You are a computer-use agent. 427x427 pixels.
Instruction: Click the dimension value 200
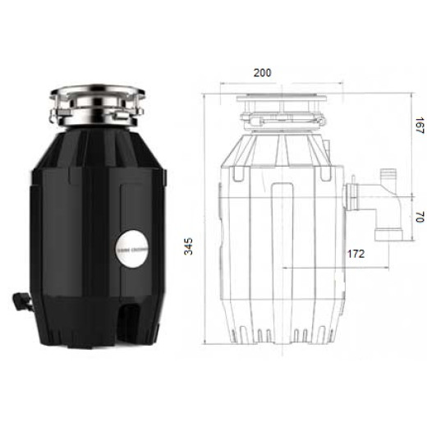[262, 73]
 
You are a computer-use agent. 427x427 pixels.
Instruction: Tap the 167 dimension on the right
[418, 126]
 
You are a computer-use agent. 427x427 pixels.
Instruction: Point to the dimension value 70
[418, 218]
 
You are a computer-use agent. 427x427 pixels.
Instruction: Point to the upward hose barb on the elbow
[387, 177]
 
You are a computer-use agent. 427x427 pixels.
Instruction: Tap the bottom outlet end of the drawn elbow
[387, 235]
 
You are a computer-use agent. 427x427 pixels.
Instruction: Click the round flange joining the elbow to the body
[354, 196]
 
